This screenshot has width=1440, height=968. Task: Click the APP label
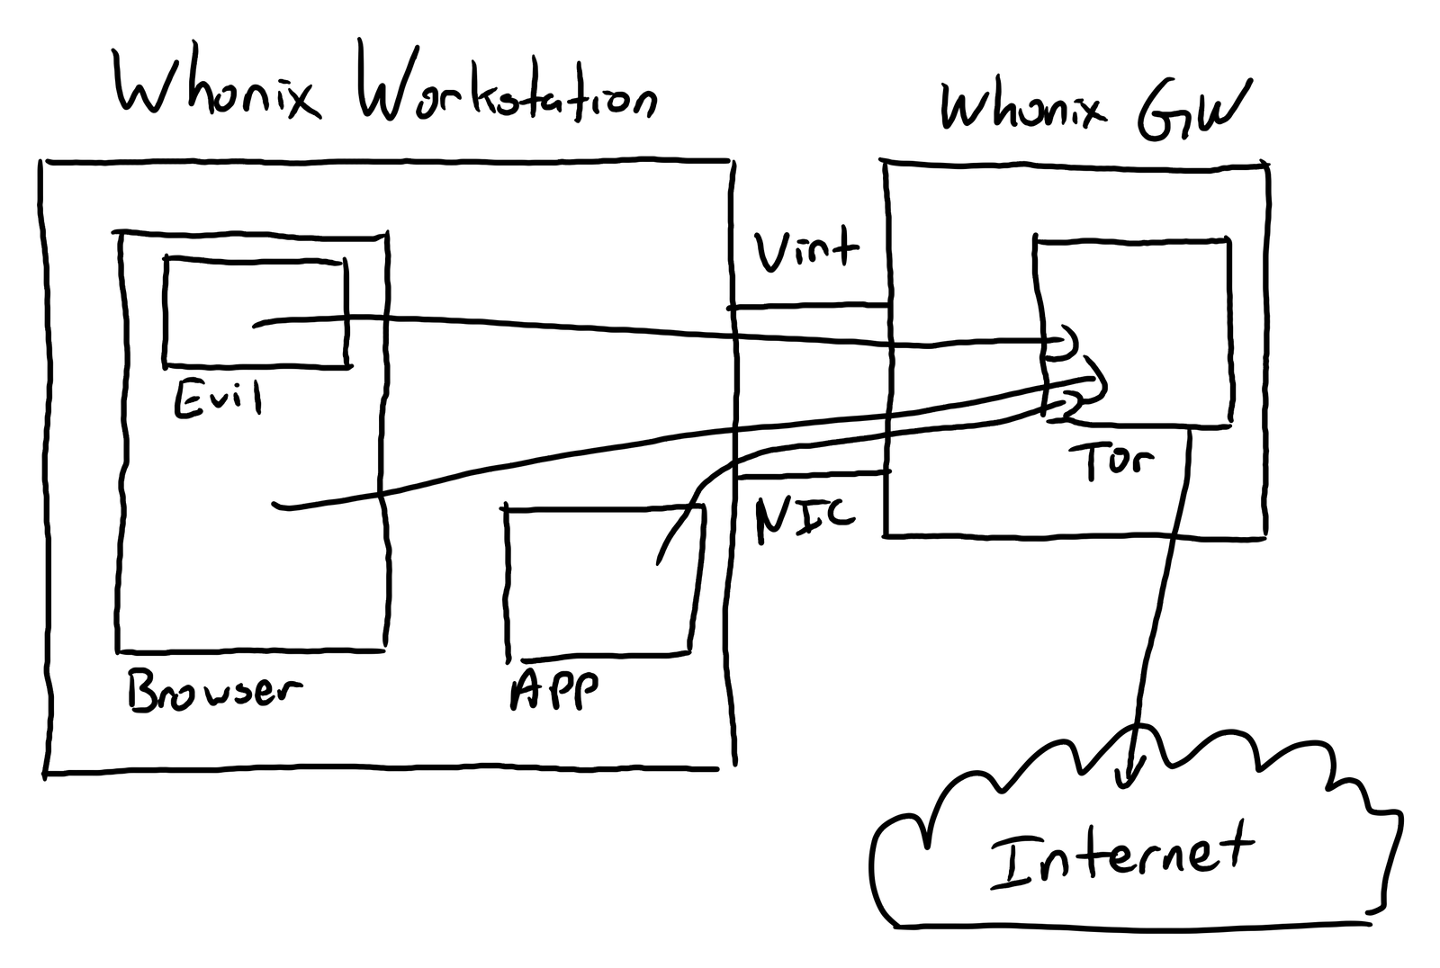click(x=553, y=689)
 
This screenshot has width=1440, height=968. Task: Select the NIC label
click(x=805, y=518)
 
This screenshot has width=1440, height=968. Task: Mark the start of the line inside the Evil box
click(x=256, y=326)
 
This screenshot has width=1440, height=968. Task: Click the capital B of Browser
click(x=144, y=690)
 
